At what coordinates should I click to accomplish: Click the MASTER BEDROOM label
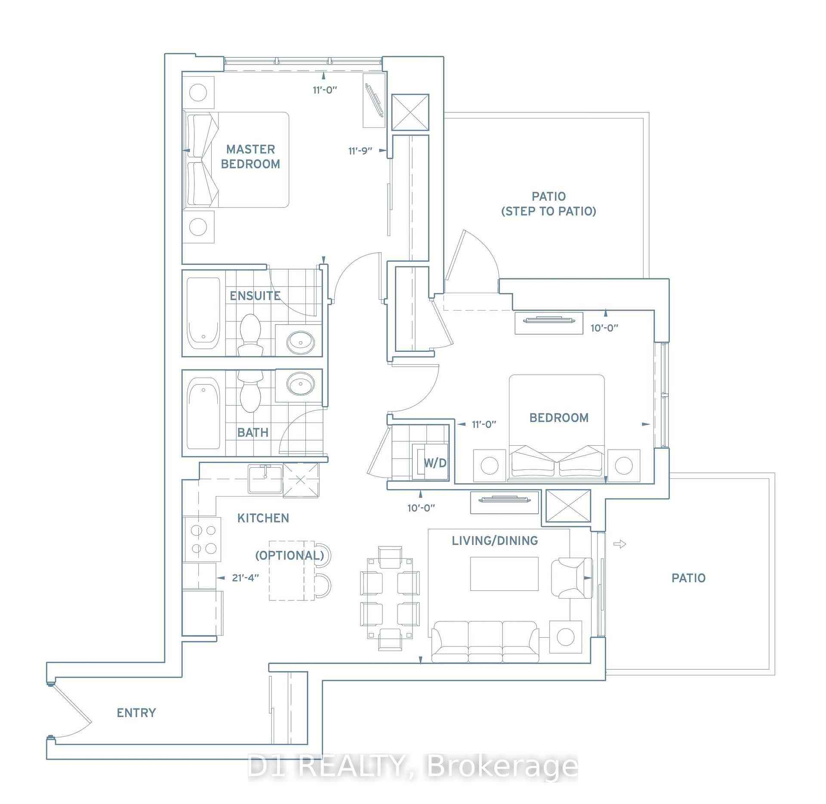pyautogui.click(x=250, y=156)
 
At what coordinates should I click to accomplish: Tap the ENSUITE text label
pyautogui.click(x=255, y=296)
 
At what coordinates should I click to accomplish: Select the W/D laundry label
pyautogui.click(x=435, y=463)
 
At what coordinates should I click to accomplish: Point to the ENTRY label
pyautogui.click(x=136, y=713)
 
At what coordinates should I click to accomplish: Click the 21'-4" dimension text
pyautogui.click(x=246, y=577)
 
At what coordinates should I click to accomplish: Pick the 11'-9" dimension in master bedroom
pyautogui.click(x=361, y=151)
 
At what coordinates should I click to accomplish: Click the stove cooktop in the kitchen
pyautogui.click(x=203, y=540)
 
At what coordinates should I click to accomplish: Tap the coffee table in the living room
pyautogui.click(x=504, y=574)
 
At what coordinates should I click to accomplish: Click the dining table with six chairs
pyautogui.click(x=389, y=598)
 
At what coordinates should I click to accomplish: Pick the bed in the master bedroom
pyautogui.click(x=236, y=160)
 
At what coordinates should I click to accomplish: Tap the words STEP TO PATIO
pyautogui.click(x=549, y=211)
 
